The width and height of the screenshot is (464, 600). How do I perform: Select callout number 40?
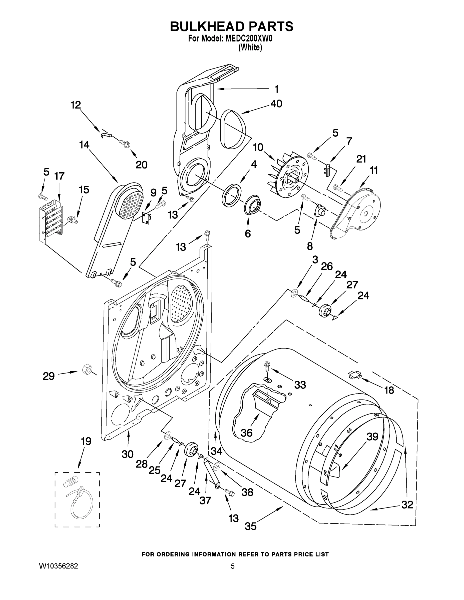tap(276, 104)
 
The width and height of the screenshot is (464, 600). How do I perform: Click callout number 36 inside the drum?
tap(246, 433)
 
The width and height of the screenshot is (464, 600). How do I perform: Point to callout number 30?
tap(128, 454)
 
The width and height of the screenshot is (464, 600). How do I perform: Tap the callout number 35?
tap(250, 526)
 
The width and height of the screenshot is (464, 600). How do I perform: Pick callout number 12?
tap(76, 105)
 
